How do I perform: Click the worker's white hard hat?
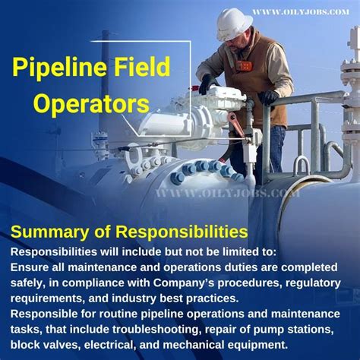point(234,23)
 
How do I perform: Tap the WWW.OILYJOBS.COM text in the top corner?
point(301,11)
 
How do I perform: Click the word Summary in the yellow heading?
point(46,229)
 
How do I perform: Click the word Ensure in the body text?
point(30,267)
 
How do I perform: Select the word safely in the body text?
point(30,283)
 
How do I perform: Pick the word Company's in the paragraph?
point(189,283)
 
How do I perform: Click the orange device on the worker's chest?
point(244,65)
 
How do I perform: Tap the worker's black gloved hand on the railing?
point(267,97)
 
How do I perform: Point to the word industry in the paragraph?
point(120,298)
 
